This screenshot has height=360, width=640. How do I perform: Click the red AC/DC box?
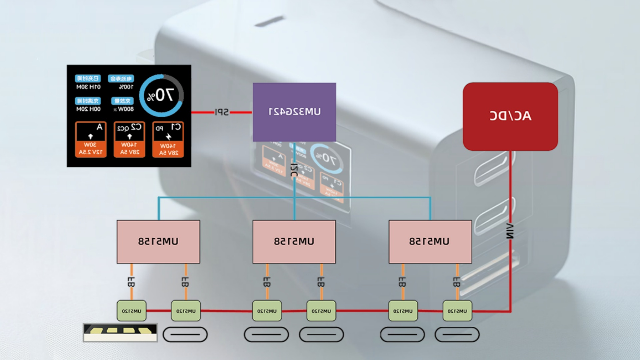pos(510,116)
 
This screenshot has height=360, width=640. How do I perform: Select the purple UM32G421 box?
pos(294,112)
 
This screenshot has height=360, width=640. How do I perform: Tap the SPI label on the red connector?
pos(221,112)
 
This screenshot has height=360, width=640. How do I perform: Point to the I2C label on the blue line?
pos(294,170)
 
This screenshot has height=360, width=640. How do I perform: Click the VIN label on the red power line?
pos(510,231)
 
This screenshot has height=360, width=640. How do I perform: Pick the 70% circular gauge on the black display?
pos(161,95)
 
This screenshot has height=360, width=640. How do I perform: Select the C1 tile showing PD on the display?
pos(168,139)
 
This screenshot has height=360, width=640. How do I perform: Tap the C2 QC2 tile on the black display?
pos(129,139)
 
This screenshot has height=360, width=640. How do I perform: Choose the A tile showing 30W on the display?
pos(91,139)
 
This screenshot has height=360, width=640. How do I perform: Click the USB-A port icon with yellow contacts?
pos(120,333)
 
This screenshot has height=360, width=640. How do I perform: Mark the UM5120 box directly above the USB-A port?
pos(131,311)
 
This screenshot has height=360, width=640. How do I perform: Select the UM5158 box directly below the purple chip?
pos(294,242)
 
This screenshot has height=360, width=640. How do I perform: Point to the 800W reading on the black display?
pos(125,109)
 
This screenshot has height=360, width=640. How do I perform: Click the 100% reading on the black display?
pos(126,87)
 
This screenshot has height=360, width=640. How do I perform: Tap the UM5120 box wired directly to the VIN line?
pos(457,311)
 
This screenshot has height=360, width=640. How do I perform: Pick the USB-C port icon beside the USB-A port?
pos(185,334)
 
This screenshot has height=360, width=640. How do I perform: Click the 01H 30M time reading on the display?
pos(88,87)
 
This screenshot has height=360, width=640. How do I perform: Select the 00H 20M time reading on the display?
pos(88,109)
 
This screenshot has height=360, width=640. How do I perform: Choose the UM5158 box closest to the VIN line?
pos(430,242)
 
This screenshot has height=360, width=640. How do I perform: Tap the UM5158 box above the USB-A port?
pos(158,242)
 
